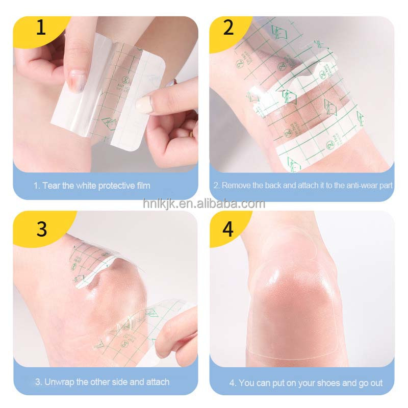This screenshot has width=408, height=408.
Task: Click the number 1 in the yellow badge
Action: click(x=40, y=27)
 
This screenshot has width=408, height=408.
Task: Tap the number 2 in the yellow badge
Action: click(x=228, y=27)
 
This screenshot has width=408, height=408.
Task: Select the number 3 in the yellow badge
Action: click(x=41, y=229)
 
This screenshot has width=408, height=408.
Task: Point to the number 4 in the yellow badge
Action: click(x=228, y=229)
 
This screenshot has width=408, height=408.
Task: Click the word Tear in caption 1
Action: click(x=52, y=185)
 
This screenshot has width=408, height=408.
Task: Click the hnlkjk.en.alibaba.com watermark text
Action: click(x=204, y=204)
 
